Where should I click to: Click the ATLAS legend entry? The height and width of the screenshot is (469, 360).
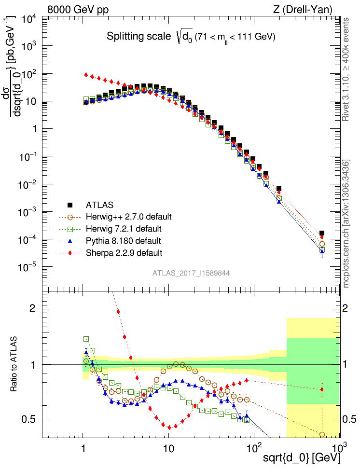(99, 204)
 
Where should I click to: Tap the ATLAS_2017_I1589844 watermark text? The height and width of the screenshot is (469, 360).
(191, 273)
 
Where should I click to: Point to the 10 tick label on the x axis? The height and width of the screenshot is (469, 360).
(168, 446)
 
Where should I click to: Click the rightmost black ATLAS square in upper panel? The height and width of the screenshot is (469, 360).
(322, 233)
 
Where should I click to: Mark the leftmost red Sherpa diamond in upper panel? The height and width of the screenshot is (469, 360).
(86, 75)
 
